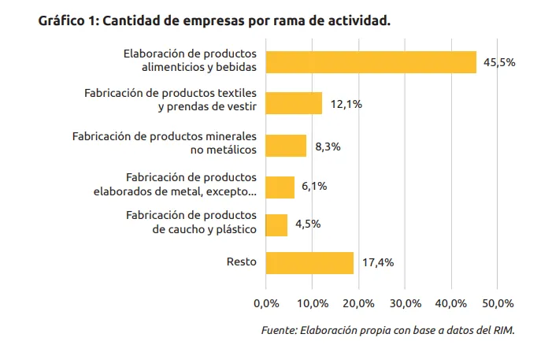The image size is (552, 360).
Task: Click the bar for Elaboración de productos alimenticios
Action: point(371,61)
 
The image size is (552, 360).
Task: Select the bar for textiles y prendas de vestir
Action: point(294,103)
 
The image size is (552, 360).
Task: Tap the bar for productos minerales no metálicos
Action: point(286,146)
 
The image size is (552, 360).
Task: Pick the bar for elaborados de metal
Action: point(280,187)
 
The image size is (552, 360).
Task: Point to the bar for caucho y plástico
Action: point(276,225)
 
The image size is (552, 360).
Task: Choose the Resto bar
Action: point(309,262)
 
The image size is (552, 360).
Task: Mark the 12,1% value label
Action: point(346,103)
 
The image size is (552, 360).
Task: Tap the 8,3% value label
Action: point(327,146)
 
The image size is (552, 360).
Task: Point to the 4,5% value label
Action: point(308,225)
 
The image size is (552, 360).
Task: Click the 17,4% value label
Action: point(377,262)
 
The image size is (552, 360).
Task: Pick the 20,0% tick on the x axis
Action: point(358,303)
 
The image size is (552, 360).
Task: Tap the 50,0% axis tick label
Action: point(497,303)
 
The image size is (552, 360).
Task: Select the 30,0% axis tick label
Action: point(405,303)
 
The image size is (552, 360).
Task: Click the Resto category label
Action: point(241,262)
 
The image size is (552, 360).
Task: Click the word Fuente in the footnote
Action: point(278,330)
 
